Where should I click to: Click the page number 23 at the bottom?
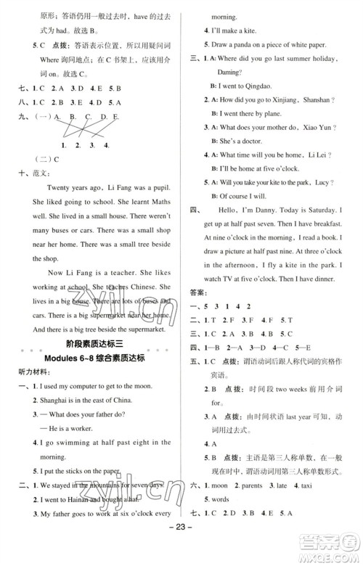(181, 550)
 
